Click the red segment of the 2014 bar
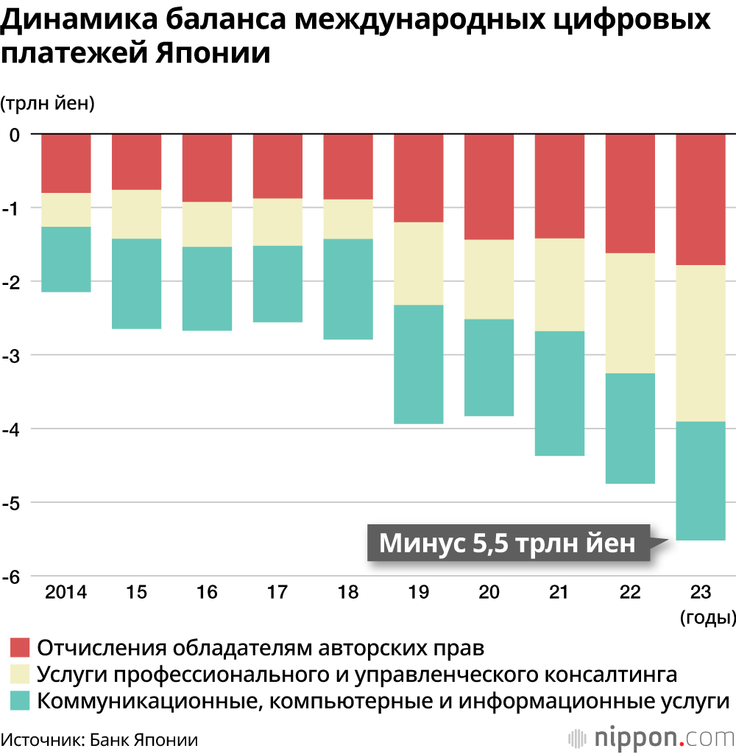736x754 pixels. pyautogui.click(x=66, y=163)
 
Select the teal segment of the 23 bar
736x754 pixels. pyautogui.click(x=700, y=481)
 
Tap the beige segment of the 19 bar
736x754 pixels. pyautogui.click(x=418, y=264)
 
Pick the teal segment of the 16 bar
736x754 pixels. pyautogui.click(x=207, y=289)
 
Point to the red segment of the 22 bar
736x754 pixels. pyautogui.click(x=630, y=194)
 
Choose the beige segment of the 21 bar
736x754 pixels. pyautogui.click(x=559, y=285)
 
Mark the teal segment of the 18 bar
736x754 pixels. pyautogui.click(x=348, y=289)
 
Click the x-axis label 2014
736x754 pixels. pyautogui.click(x=66, y=593)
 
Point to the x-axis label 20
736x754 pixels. pyautogui.click(x=489, y=593)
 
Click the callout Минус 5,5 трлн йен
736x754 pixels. pyautogui.click(x=507, y=543)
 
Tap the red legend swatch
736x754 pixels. pyautogui.click(x=20, y=649)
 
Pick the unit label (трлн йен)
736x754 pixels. pyautogui.click(x=48, y=104)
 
